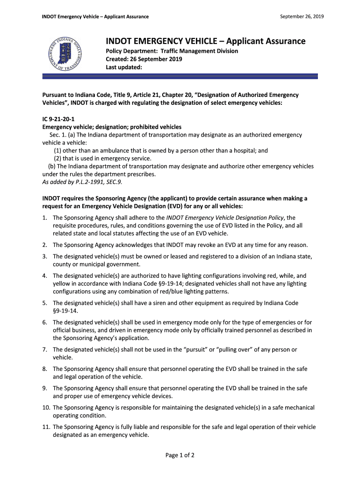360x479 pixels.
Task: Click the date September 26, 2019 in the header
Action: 302,17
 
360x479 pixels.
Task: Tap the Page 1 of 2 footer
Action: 180,455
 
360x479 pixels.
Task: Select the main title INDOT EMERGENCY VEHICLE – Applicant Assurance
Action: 205,41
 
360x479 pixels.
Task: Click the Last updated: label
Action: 123,67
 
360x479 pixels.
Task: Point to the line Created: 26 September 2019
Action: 144,59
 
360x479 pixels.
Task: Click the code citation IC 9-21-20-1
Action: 58,119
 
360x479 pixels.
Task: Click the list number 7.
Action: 44,349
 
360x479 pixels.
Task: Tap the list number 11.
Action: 46,427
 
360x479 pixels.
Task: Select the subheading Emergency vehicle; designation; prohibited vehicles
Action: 112,127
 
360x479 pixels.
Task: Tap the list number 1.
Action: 44,218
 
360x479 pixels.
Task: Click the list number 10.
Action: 46,407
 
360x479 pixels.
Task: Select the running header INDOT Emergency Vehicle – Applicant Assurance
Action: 95,17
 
